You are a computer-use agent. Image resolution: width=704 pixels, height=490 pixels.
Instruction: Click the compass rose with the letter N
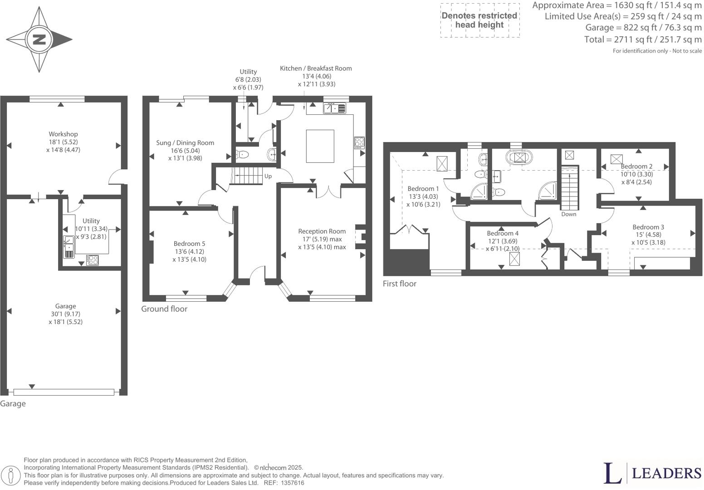pyautogui.click(x=39, y=39)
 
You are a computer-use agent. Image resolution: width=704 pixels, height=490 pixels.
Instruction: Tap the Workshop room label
pyautogui.click(x=64, y=134)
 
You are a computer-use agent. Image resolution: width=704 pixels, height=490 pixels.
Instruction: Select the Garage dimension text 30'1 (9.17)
pyautogui.click(x=65, y=314)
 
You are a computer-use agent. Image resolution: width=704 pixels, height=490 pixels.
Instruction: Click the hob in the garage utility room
pyautogui.click(x=92, y=260)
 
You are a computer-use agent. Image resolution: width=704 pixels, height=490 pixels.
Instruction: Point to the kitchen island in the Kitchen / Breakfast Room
pyautogui.click(x=320, y=146)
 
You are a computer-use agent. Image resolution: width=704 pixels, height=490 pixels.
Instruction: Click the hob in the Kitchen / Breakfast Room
pyautogui.click(x=359, y=142)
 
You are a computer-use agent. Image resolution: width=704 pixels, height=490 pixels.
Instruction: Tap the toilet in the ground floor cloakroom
pyautogui.click(x=242, y=154)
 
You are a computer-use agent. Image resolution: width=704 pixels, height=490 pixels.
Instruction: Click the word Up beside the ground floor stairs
pyautogui.click(x=268, y=176)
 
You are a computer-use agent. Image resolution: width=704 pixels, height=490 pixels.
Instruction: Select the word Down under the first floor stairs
pyautogui.click(x=568, y=214)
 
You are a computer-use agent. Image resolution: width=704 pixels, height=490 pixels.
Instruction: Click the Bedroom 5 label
pyautogui.click(x=190, y=244)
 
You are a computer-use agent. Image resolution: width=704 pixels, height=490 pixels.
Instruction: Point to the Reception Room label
pyautogui.click(x=322, y=231)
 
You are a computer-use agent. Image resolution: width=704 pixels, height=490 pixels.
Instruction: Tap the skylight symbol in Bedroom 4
pyautogui.click(x=514, y=259)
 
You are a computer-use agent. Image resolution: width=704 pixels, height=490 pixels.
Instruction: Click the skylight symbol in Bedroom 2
pyautogui.click(x=616, y=159)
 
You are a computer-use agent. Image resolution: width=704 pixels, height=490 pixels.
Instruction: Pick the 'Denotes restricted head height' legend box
pyautogui.click(x=479, y=20)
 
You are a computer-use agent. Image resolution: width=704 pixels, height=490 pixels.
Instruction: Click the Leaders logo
pyautogui.click(x=653, y=473)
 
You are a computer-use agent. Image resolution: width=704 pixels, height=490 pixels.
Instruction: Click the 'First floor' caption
pyautogui.click(x=400, y=284)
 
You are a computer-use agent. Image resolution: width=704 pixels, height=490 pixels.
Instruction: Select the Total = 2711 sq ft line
pyautogui.click(x=643, y=39)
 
